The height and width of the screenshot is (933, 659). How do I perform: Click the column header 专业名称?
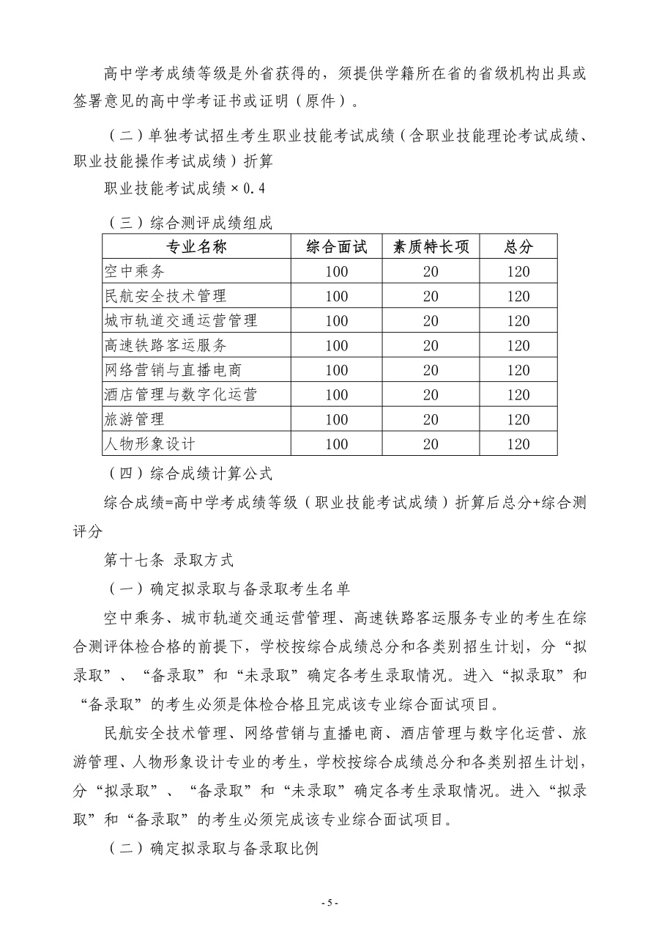click(196, 247)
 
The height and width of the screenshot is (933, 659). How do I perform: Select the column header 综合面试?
click(336, 247)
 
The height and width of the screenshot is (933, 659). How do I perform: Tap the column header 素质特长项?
click(431, 247)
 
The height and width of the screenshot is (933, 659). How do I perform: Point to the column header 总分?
click(518, 247)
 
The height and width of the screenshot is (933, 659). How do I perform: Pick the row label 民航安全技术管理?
click(165, 296)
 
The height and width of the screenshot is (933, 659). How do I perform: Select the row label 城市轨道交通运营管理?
click(181, 321)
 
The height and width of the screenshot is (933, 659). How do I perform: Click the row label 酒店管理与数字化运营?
click(181, 394)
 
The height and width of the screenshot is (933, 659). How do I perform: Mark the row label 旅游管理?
click(135, 419)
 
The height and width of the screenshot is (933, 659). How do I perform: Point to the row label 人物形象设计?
click(150, 443)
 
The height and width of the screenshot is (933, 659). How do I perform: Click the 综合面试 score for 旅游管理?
click(336, 419)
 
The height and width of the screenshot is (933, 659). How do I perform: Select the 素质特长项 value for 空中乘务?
click(431, 272)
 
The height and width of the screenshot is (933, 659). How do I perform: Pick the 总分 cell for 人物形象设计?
click(518, 443)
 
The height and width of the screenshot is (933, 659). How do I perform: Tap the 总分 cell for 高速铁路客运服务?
click(518, 345)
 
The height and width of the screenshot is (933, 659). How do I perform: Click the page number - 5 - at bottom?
click(329, 903)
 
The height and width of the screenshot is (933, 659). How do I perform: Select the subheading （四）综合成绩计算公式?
click(190, 473)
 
